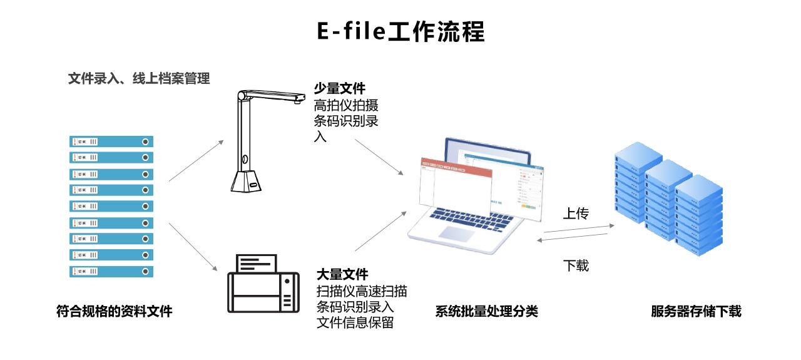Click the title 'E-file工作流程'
tap(400, 31)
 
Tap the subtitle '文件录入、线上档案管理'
tap(138, 79)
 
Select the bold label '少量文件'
tap(340, 89)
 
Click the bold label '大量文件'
tap(342, 274)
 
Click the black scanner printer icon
tap(262, 285)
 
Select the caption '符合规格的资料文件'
tap(114, 311)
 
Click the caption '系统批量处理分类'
tap(486, 311)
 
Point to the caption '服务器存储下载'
tap(696, 311)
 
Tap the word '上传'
tap(576, 214)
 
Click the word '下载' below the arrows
tap(576, 265)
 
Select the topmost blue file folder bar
tap(111, 141)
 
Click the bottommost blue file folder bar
tap(111, 272)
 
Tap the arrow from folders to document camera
tap(196, 161)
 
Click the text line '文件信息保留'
tap(355, 323)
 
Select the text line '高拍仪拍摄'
tap(346, 105)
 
